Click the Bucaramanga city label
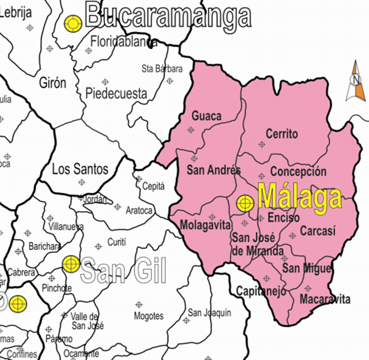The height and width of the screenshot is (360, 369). pos(168,16)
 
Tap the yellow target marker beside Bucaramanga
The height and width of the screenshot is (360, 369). pos(73,23)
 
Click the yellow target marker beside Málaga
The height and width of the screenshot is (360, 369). pos(245,203)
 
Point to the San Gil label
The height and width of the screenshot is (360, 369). pos(123,271)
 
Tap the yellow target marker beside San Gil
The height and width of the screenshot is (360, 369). pos(71,264)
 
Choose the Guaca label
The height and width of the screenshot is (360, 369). pos(207,116)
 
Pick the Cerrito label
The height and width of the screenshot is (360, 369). pos(282,134)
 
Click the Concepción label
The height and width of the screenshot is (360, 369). pos(298,171)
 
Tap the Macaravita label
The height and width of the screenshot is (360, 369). pos(325,299)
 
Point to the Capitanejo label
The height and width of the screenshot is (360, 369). pos(261,291)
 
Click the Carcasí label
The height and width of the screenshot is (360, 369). pos(318,231)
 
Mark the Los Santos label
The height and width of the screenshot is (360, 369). pos(80,169)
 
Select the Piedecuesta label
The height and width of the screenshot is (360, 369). pos(116,93)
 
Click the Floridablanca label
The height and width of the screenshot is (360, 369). pos(124,42)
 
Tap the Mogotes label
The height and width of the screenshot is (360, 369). pos(149,316)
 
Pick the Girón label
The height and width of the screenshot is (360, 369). pos(53,84)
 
